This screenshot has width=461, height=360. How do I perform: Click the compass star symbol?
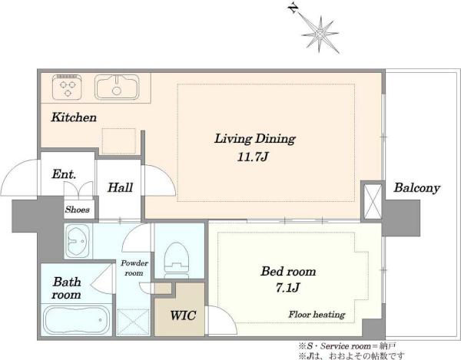(320, 35)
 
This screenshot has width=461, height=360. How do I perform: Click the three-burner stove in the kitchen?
(67, 87)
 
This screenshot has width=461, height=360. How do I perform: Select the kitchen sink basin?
(117, 87)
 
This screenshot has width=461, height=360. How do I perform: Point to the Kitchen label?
(74, 117)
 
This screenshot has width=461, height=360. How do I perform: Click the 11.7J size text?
(253, 157)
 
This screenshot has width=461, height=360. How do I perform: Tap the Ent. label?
(64, 174)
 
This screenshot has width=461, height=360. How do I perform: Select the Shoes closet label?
(78, 210)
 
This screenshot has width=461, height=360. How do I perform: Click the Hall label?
(120, 187)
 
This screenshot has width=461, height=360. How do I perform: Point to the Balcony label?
(416, 188)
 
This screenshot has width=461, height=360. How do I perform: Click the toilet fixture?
(177, 260)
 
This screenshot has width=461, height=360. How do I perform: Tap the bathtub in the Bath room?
(77, 320)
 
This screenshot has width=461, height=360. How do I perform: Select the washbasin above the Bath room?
(77, 241)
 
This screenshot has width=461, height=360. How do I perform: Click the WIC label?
(183, 315)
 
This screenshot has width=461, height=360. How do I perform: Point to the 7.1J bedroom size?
(288, 288)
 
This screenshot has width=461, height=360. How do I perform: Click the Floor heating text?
(317, 315)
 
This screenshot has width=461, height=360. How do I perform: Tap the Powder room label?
(134, 268)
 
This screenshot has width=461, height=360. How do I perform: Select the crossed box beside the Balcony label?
(373, 201)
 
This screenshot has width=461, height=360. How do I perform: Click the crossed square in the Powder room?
(133, 322)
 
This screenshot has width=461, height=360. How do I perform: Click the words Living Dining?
(254, 139)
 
